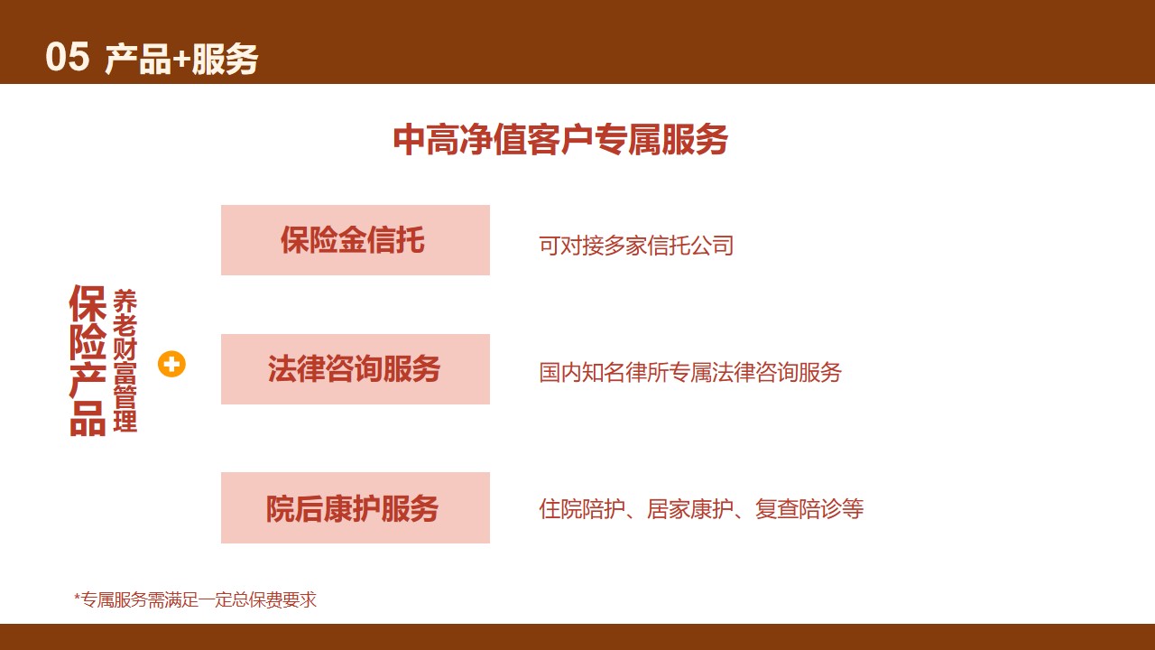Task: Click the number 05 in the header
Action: pyautogui.click(x=68, y=57)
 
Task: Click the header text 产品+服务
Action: pyautogui.click(x=181, y=59)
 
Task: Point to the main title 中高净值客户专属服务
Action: pyautogui.click(x=560, y=139)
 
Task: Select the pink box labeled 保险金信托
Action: pyautogui.click(x=356, y=240)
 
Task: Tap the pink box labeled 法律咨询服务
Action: pyautogui.click(x=356, y=369)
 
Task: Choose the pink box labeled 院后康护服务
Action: pyautogui.click(x=356, y=507)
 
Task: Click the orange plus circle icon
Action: pyautogui.click(x=171, y=364)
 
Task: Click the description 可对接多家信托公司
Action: pyautogui.click(x=636, y=246)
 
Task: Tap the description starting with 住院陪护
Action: pyautogui.click(x=701, y=509)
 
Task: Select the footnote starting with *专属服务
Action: pyautogui.click(x=196, y=600)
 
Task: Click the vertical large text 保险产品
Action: pyautogui.click(x=88, y=360)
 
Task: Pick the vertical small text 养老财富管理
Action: pyautogui.click(x=125, y=360)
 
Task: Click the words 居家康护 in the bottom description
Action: pyautogui.click(x=690, y=509)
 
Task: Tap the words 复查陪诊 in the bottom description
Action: pyautogui.click(x=799, y=509)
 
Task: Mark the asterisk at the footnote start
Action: pyautogui.click(x=78, y=597)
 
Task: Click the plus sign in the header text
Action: pyautogui.click(x=180, y=60)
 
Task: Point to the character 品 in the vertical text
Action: pyautogui.click(x=88, y=418)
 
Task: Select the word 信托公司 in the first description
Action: pyautogui.click(x=690, y=246)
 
